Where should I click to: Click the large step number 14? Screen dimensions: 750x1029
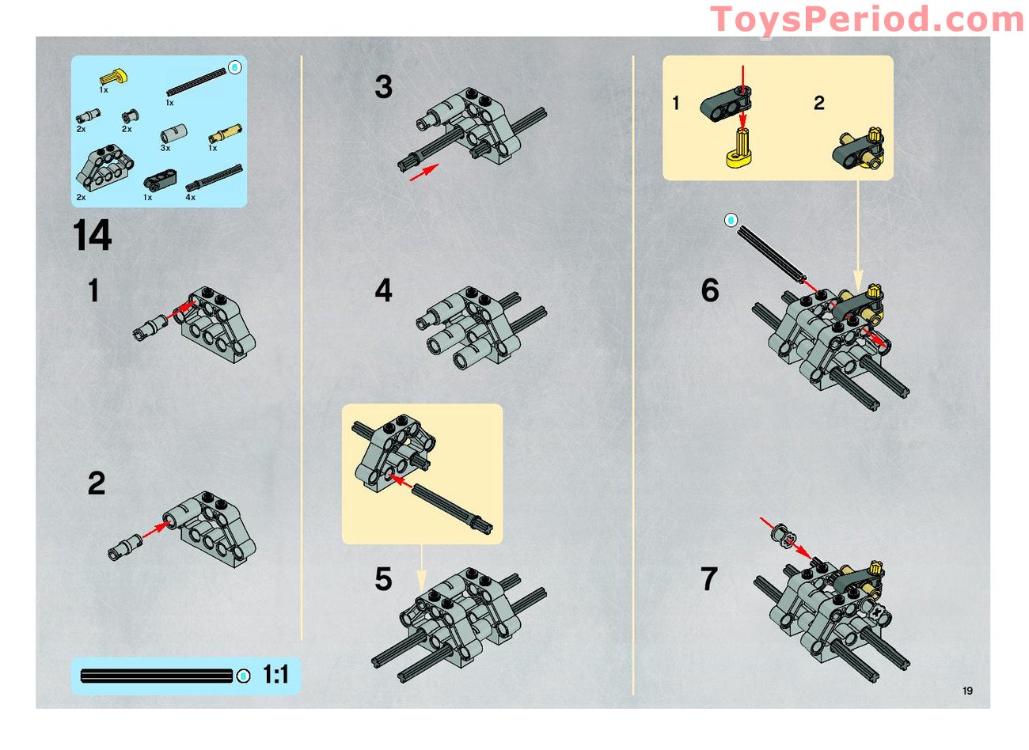click(x=93, y=236)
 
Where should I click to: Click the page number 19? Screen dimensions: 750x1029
click(x=967, y=691)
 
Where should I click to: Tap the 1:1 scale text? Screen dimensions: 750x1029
click(x=275, y=675)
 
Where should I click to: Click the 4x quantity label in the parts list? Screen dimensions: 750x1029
click(x=190, y=197)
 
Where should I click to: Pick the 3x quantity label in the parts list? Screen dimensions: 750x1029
click(x=165, y=148)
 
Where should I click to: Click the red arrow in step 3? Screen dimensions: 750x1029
click(x=424, y=172)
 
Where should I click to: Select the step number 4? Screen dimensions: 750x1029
click(x=383, y=290)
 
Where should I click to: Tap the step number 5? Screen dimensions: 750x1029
click(x=383, y=579)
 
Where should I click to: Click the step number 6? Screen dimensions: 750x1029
click(x=710, y=290)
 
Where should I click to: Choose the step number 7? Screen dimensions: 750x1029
click(x=709, y=579)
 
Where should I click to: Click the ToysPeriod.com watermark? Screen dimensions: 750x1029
click(x=868, y=19)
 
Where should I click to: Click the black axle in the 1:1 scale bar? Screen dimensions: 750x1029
click(x=156, y=676)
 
